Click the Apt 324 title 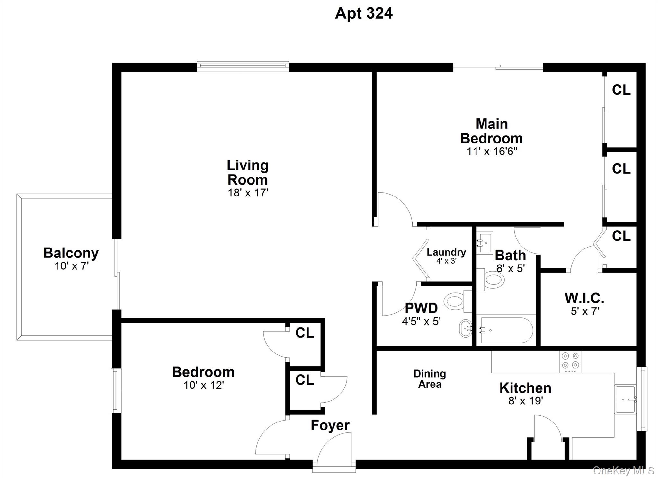point(363,13)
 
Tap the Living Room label point(247,172)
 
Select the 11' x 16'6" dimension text point(492,151)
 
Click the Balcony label point(71,253)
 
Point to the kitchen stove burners point(570,361)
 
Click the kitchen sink point(625,399)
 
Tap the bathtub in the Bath point(506,330)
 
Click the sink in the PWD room point(465,328)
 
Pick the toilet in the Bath point(492,279)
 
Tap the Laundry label point(446,252)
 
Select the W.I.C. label point(584,299)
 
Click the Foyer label point(330,425)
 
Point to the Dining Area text point(430,379)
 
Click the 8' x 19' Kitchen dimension point(525,401)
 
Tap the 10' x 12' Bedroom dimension point(203,385)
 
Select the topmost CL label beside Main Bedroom point(621,90)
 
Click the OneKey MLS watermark point(623,471)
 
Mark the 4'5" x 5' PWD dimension point(421,321)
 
